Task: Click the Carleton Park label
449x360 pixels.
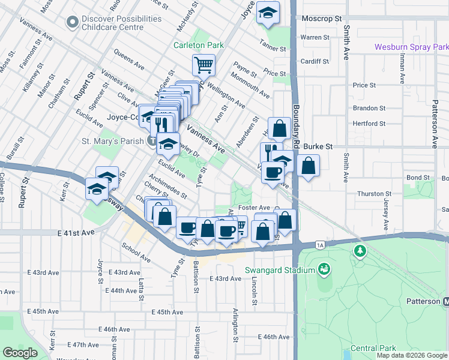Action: coord(198,45)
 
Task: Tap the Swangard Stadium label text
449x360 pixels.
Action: coord(280,270)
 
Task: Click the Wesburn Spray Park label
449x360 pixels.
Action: coord(411,47)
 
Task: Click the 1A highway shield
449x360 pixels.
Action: coord(320,245)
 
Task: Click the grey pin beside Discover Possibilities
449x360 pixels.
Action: coord(73,23)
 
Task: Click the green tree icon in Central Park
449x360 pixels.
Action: coord(360,251)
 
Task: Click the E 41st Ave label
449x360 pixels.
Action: coord(77,232)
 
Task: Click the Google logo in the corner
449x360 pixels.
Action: coord(20,353)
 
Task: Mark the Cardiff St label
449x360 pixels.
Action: coord(315,61)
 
